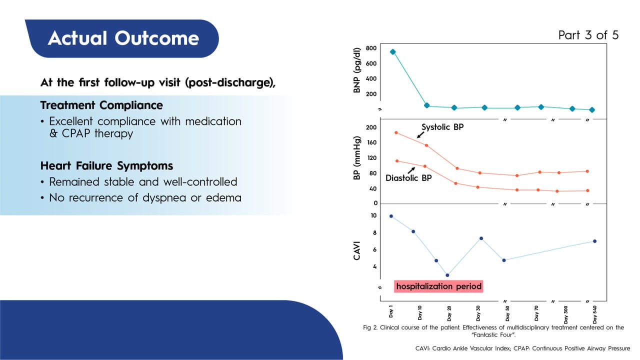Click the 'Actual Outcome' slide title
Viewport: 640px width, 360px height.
click(x=123, y=38)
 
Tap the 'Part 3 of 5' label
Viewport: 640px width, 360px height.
click(x=588, y=35)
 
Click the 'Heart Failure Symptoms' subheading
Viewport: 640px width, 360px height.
click(x=106, y=165)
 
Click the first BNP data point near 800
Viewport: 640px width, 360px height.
click(x=392, y=51)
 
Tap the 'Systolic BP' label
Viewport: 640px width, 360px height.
click(x=442, y=127)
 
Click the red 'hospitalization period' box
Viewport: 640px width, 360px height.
click(x=439, y=286)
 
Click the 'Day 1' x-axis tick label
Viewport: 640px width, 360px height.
click(x=391, y=312)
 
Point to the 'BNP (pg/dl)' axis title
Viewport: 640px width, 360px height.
click(x=357, y=70)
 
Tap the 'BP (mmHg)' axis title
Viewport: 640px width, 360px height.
click(x=357, y=158)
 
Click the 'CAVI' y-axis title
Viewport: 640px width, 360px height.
click(x=357, y=249)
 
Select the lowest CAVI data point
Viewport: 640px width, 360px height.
click(x=447, y=275)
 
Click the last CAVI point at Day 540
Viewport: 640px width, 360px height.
click(x=594, y=241)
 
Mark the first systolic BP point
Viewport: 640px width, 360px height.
click(x=396, y=132)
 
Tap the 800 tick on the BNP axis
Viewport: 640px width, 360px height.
click(x=370, y=48)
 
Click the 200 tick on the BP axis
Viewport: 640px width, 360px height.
click(x=370, y=127)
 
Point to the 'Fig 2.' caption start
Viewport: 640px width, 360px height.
click(x=370, y=327)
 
